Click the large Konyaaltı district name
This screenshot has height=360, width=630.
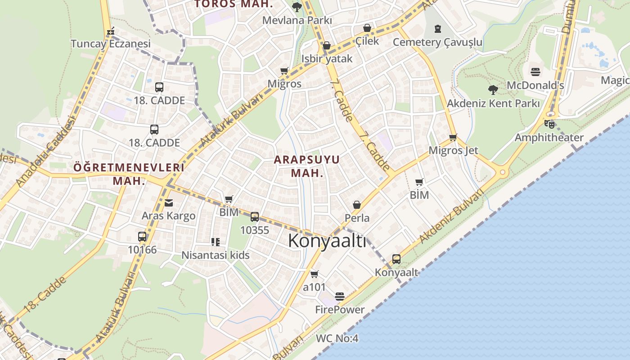point(327,241)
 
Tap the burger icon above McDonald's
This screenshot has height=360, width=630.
point(535,72)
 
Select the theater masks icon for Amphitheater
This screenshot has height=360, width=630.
point(549,124)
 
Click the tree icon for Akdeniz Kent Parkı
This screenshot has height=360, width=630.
point(493,90)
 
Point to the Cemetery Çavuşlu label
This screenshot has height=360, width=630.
point(437,42)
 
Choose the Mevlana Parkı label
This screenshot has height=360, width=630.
point(297,20)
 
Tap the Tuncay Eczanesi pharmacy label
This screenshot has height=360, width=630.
point(111,44)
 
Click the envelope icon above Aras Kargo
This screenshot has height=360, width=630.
point(168,203)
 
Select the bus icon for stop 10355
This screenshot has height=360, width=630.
point(255,217)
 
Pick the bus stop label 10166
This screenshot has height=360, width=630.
point(142,249)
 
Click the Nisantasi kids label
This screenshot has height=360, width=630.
point(215,255)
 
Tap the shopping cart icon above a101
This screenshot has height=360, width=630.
point(315,274)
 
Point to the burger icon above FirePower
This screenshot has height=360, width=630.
point(340,297)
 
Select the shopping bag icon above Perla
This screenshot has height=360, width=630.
point(357,205)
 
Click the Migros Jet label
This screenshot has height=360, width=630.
point(453,150)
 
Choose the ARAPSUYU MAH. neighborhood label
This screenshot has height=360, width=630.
point(307,166)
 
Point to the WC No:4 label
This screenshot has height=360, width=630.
point(337,338)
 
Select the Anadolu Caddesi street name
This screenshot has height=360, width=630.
point(45,151)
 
